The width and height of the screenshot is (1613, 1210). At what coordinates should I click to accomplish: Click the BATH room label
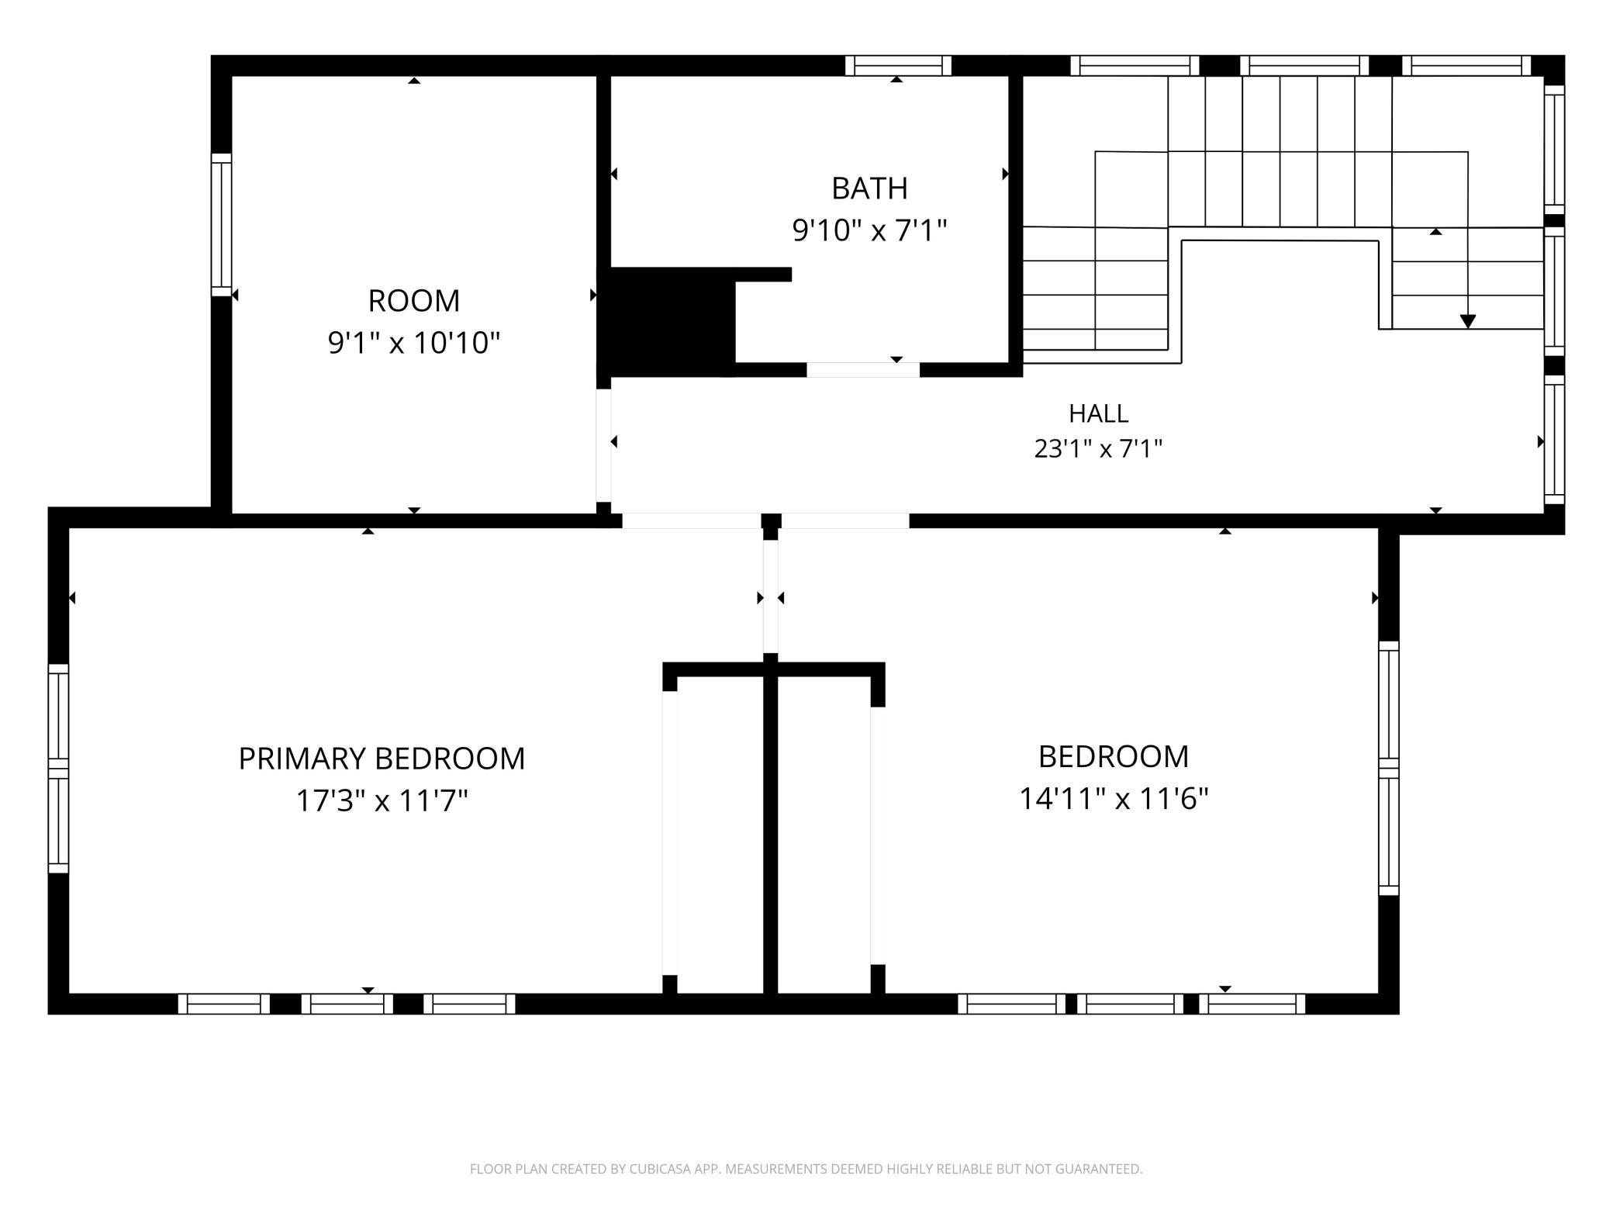pyautogui.click(x=869, y=188)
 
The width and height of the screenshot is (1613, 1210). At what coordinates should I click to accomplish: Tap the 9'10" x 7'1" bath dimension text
pyautogui.click(x=869, y=230)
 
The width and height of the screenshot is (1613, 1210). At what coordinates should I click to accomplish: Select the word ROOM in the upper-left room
pyautogui.click(x=413, y=301)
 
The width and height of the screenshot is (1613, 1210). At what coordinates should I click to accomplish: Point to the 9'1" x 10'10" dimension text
pyautogui.click(x=413, y=343)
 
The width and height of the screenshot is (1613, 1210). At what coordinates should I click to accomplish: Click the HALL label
pyautogui.click(x=1098, y=414)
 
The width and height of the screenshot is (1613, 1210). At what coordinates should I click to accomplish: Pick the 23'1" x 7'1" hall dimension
pyautogui.click(x=1098, y=449)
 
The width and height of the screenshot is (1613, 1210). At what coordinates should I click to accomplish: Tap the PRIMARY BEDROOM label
pyautogui.click(x=382, y=759)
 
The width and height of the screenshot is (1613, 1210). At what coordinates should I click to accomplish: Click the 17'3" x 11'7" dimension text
pyautogui.click(x=382, y=800)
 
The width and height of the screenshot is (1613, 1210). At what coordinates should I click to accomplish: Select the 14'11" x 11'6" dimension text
pyautogui.click(x=1114, y=799)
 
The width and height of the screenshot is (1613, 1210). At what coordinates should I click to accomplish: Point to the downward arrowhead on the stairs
pyautogui.click(x=1467, y=321)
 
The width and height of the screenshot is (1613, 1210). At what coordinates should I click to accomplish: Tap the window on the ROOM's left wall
pyautogui.click(x=222, y=225)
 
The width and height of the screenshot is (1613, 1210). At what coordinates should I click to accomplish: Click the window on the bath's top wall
pyautogui.click(x=898, y=66)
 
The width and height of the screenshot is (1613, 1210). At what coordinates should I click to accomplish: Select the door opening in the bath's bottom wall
pyautogui.click(x=863, y=370)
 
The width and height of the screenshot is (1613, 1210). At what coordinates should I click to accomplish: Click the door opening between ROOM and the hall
pyautogui.click(x=603, y=445)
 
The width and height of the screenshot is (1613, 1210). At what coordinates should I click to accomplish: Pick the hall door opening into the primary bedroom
pyautogui.click(x=692, y=521)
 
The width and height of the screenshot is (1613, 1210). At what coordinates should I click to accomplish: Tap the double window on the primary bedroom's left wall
pyautogui.click(x=59, y=769)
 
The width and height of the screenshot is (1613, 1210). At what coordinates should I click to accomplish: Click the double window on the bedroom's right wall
pyautogui.click(x=1389, y=769)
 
